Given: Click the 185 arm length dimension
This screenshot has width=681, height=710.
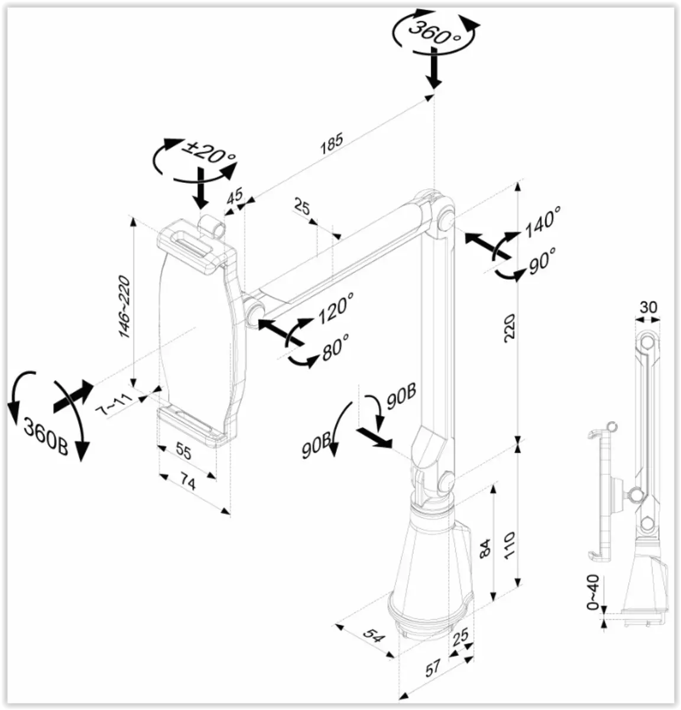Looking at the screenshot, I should (x=332, y=145).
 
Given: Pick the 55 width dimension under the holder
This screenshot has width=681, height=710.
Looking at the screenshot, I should (x=184, y=453).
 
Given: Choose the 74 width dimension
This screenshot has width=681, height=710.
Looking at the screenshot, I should (x=188, y=482).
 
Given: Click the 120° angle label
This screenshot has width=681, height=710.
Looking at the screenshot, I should (x=335, y=308).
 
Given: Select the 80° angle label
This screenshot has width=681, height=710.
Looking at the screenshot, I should (x=335, y=346).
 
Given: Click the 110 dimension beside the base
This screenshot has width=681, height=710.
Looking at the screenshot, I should (x=509, y=546).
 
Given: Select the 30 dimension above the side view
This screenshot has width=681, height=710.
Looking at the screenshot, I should (x=648, y=307).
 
